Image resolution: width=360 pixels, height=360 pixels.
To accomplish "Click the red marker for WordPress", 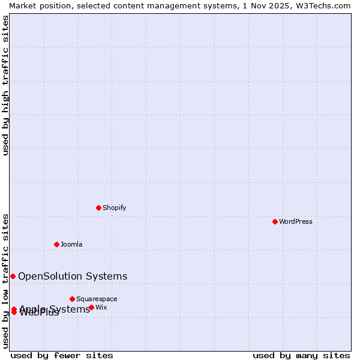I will point(275,221).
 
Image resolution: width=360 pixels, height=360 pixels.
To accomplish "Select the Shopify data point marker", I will point(98,208).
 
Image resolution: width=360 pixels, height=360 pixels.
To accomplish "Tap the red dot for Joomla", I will point(56,244).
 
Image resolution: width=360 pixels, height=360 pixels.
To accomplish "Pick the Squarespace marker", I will point(72,299).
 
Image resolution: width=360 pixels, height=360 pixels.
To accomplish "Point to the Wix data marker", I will point(91,307).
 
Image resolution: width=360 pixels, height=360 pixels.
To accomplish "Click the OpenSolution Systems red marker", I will point(13,276).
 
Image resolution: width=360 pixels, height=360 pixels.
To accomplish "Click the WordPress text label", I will point(296,221).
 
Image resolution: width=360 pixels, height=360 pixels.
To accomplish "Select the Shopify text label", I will point(114,208).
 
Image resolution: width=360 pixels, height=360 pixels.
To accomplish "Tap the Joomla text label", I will point(71,244).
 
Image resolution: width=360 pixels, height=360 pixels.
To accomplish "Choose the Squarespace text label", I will point(97,299).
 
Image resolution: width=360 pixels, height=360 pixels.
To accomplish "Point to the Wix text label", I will point(101,307).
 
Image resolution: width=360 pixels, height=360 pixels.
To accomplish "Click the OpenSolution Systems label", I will point(73,276).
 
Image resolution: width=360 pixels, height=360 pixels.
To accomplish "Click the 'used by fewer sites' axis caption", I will point(62,355).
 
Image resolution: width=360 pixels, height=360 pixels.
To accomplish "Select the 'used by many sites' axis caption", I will point(301,355).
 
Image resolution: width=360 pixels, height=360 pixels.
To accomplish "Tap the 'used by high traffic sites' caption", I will point(5,85).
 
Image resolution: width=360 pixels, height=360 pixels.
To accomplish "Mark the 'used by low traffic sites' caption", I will point(5,280).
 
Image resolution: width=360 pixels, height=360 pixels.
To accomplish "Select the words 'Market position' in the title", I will point(35,5).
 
